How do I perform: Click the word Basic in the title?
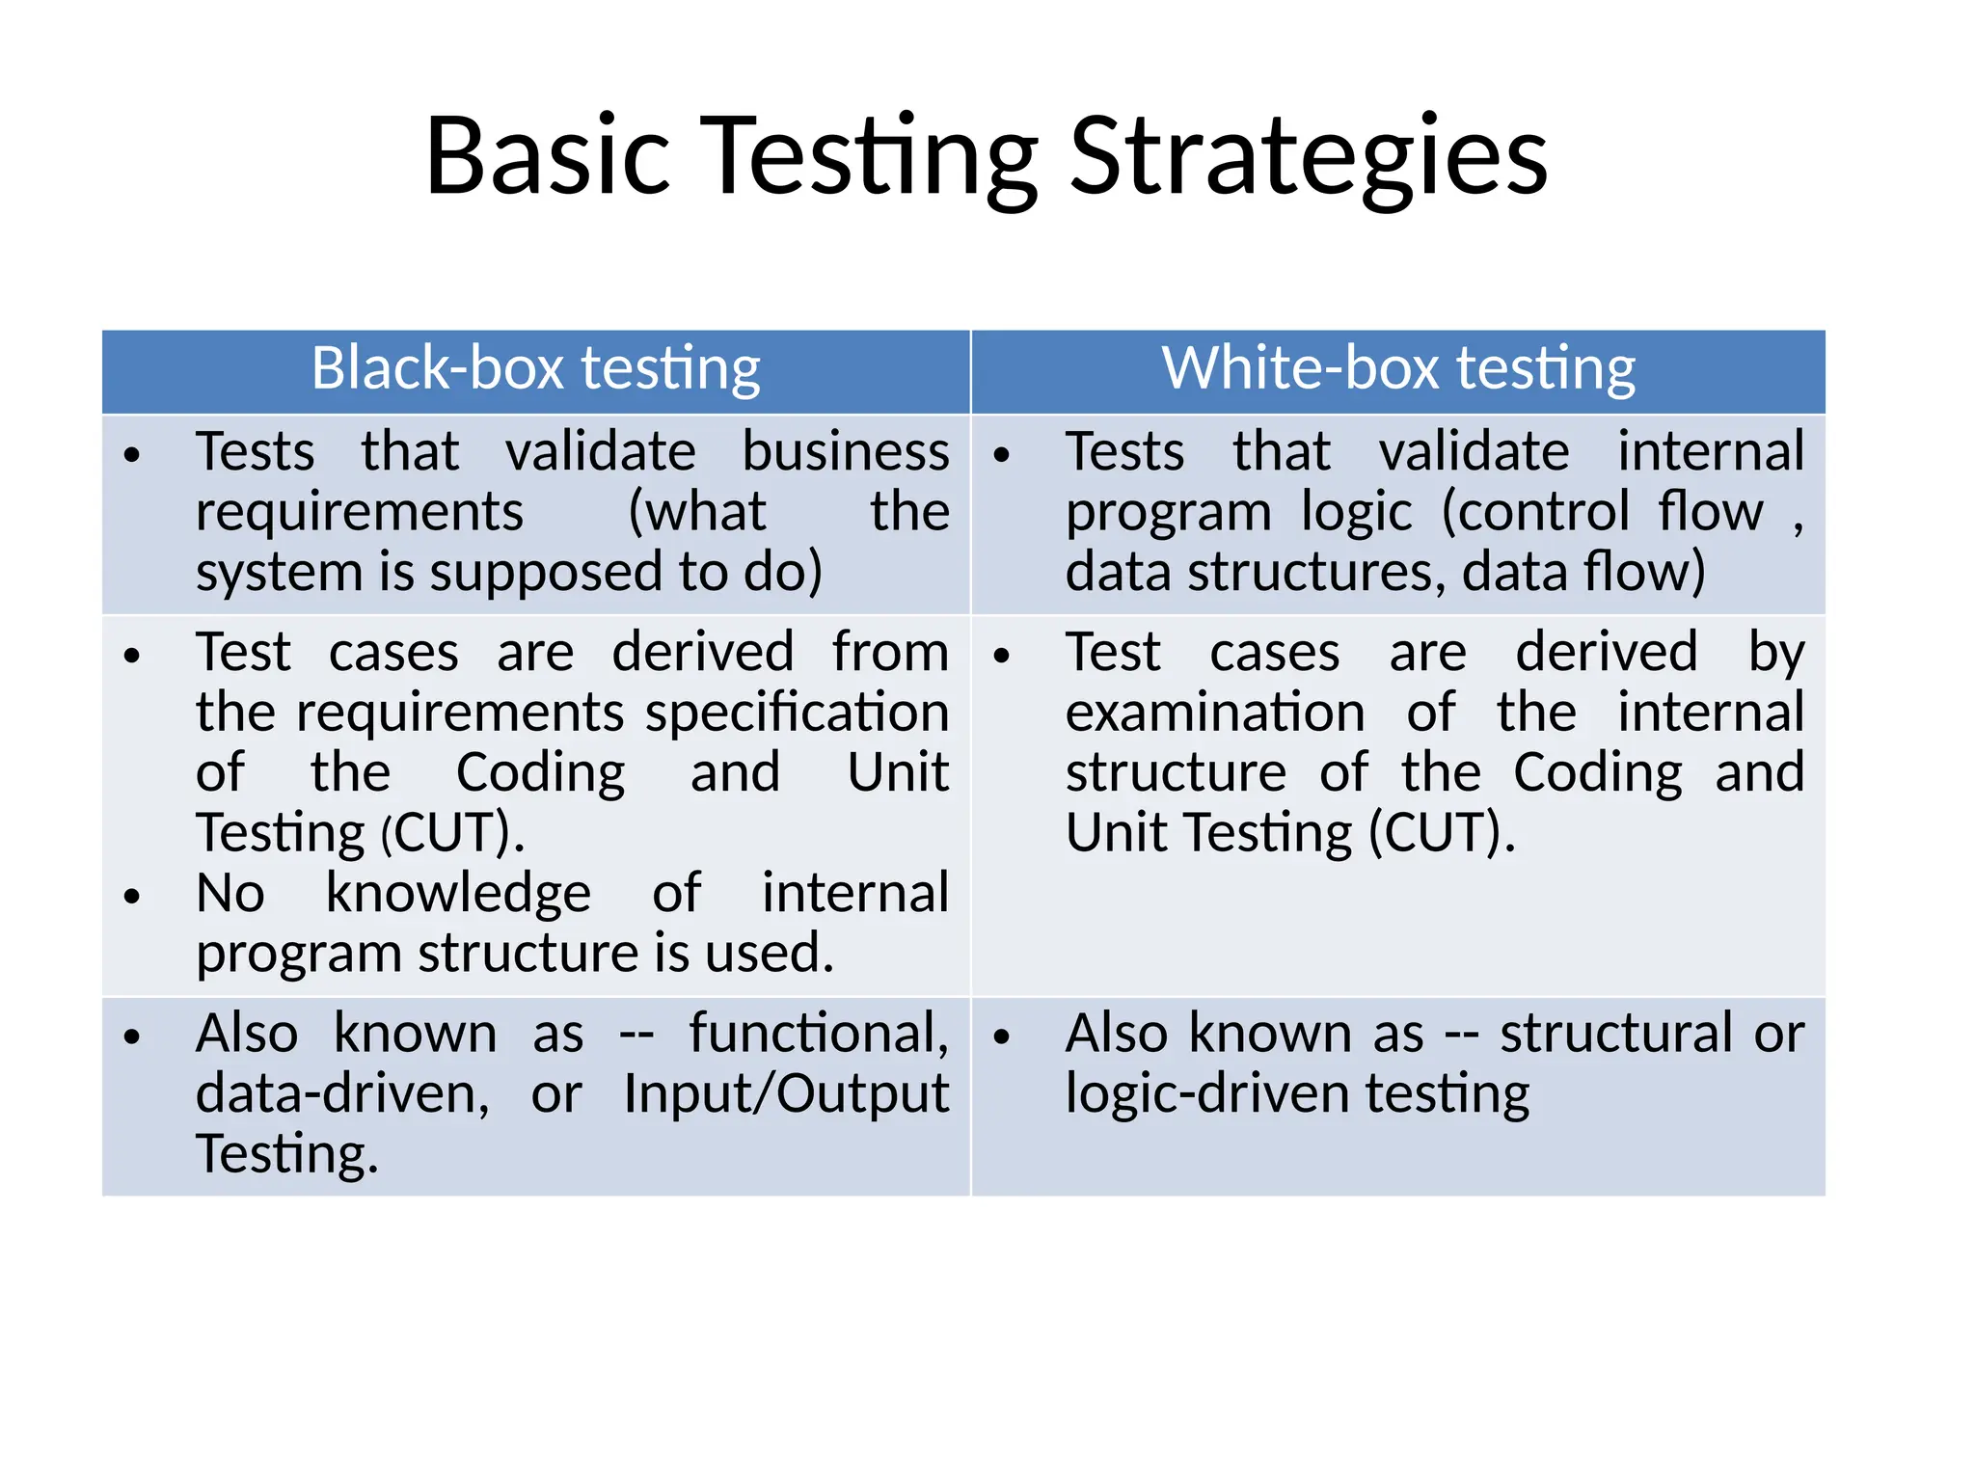click(547, 157)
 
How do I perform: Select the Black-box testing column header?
click(535, 369)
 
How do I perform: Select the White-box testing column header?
click(1397, 369)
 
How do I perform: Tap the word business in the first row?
click(845, 453)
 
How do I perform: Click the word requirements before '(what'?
click(359, 513)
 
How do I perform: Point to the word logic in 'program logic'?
click(1356, 513)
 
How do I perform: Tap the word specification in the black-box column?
click(797, 714)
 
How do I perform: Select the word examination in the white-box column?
click(1214, 714)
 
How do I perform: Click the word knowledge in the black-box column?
click(458, 894)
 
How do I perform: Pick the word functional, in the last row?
click(818, 1035)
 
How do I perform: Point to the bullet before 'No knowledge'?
click(132, 897)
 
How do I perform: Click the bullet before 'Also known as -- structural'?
click(1002, 1037)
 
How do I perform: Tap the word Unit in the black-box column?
click(897, 773)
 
